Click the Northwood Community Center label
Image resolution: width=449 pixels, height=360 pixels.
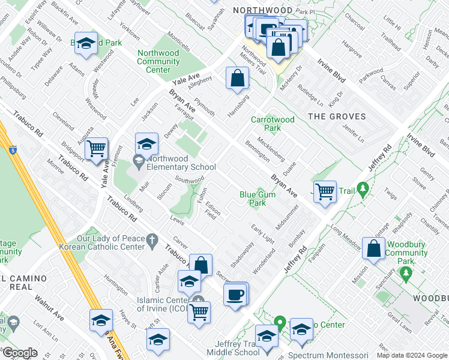158,61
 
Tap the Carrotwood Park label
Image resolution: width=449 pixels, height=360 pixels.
273,124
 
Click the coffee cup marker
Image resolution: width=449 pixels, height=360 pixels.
236,295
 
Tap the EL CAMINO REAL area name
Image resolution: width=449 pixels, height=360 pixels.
16,283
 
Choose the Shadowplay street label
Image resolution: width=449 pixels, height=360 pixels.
241,254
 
